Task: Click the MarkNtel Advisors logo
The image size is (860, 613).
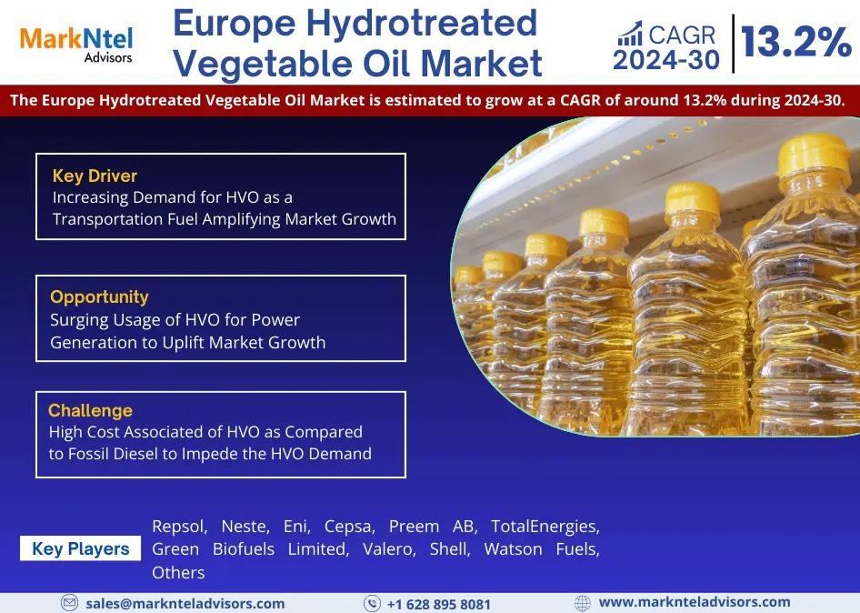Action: click(x=76, y=45)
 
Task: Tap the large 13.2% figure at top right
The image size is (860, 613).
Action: click(x=795, y=42)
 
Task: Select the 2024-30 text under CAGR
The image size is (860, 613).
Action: click(x=665, y=60)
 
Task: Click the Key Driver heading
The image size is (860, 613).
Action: click(x=95, y=176)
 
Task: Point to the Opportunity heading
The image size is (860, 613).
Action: click(x=99, y=296)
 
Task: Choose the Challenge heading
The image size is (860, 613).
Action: click(x=91, y=410)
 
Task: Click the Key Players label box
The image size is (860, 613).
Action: click(x=81, y=548)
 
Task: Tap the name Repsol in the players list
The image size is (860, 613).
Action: click(x=179, y=527)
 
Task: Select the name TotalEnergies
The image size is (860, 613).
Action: click(x=545, y=527)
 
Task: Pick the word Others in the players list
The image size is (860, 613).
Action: click(x=178, y=572)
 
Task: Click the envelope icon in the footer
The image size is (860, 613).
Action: click(x=70, y=603)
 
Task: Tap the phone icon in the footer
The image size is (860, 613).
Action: click(x=372, y=604)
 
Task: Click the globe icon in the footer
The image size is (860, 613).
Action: click(x=583, y=603)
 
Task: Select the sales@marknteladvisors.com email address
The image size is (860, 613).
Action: click(x=185, y=604)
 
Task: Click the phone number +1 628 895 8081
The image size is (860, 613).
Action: click(x=439, y=605)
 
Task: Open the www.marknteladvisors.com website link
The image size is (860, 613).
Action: click(x=695, y=602)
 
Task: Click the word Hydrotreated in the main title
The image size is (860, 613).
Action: click(x=422, y=23)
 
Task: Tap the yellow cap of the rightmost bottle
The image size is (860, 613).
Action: click(x=814, y=156)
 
